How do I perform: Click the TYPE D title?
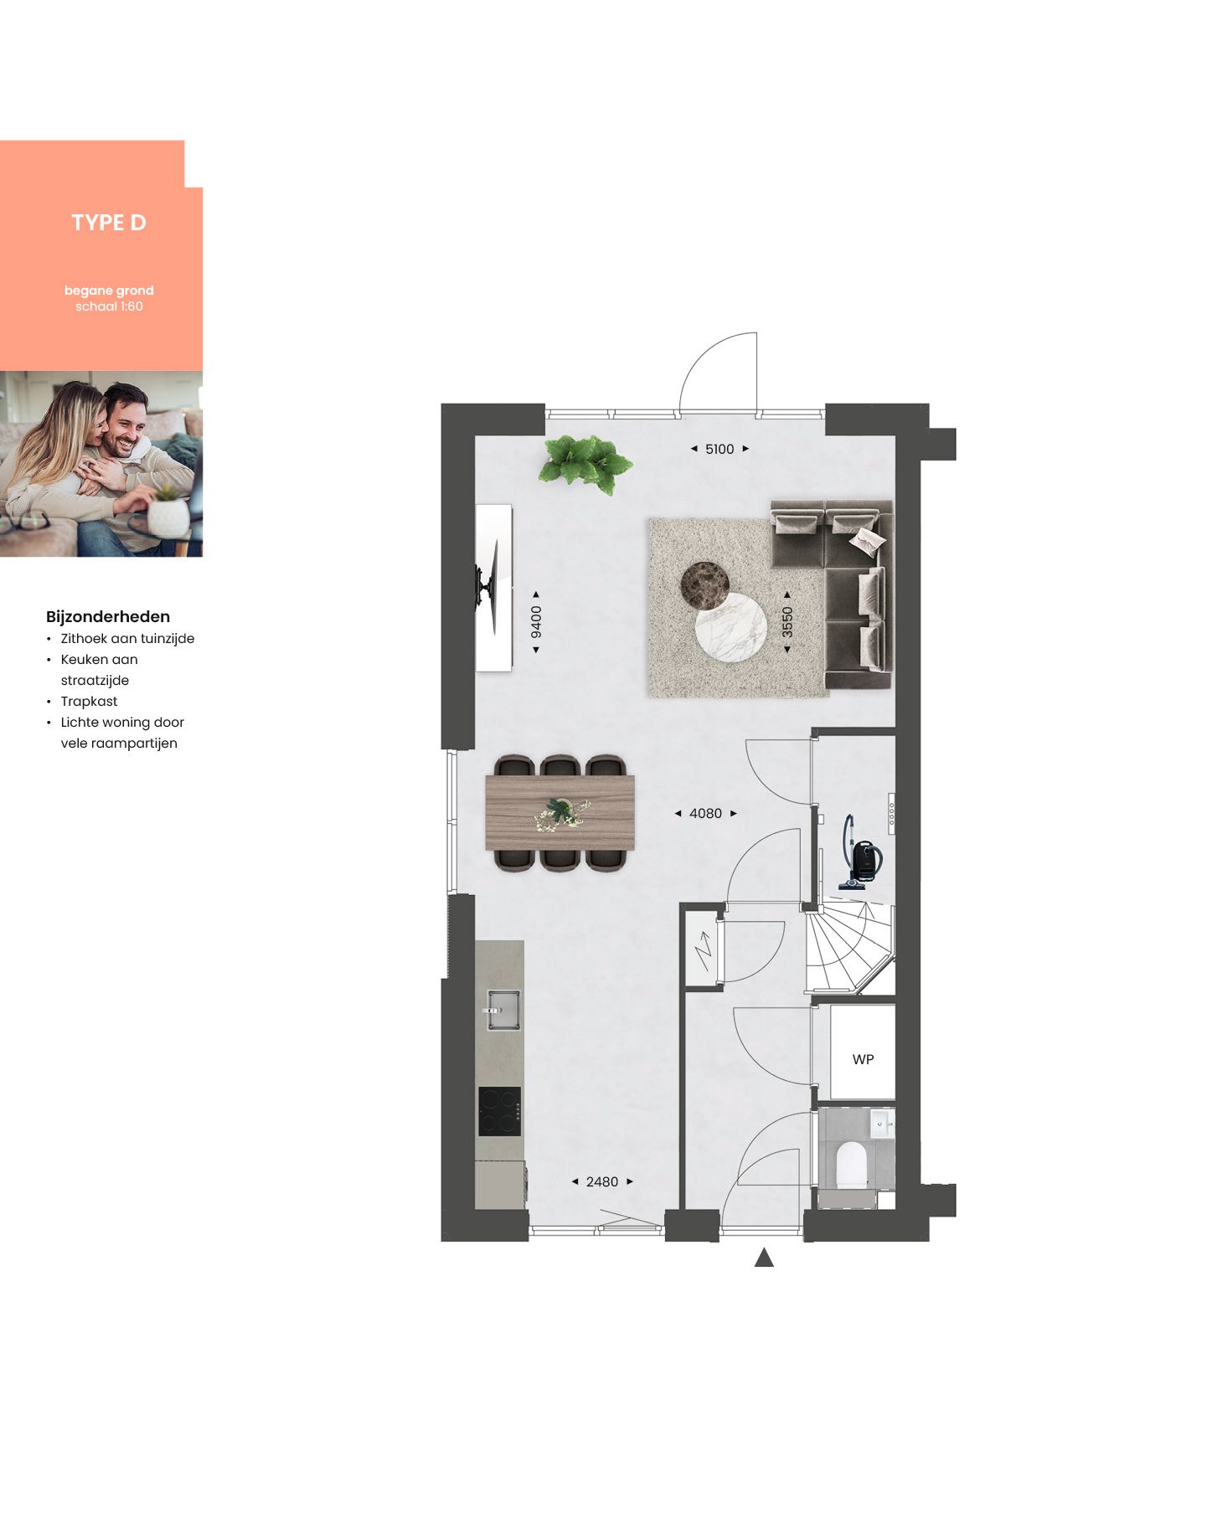pos(109,223)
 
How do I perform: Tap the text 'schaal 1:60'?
pos(109,306)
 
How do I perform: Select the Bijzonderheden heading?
pos(108,617)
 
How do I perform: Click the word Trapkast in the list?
pos(89,702)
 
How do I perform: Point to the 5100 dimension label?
pos(719,450)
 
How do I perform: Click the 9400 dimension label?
pos(536,622)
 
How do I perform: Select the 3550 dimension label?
pos(787,622)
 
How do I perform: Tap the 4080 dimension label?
pos(705,814)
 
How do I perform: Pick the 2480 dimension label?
pos(602,1182)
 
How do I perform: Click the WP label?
pos(864,1060)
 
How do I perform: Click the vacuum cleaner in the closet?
pos(860,853)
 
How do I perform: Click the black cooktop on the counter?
pos(500,1112)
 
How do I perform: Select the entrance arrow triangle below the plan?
pos(764,1257)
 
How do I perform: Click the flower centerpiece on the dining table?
pos(561,814)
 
